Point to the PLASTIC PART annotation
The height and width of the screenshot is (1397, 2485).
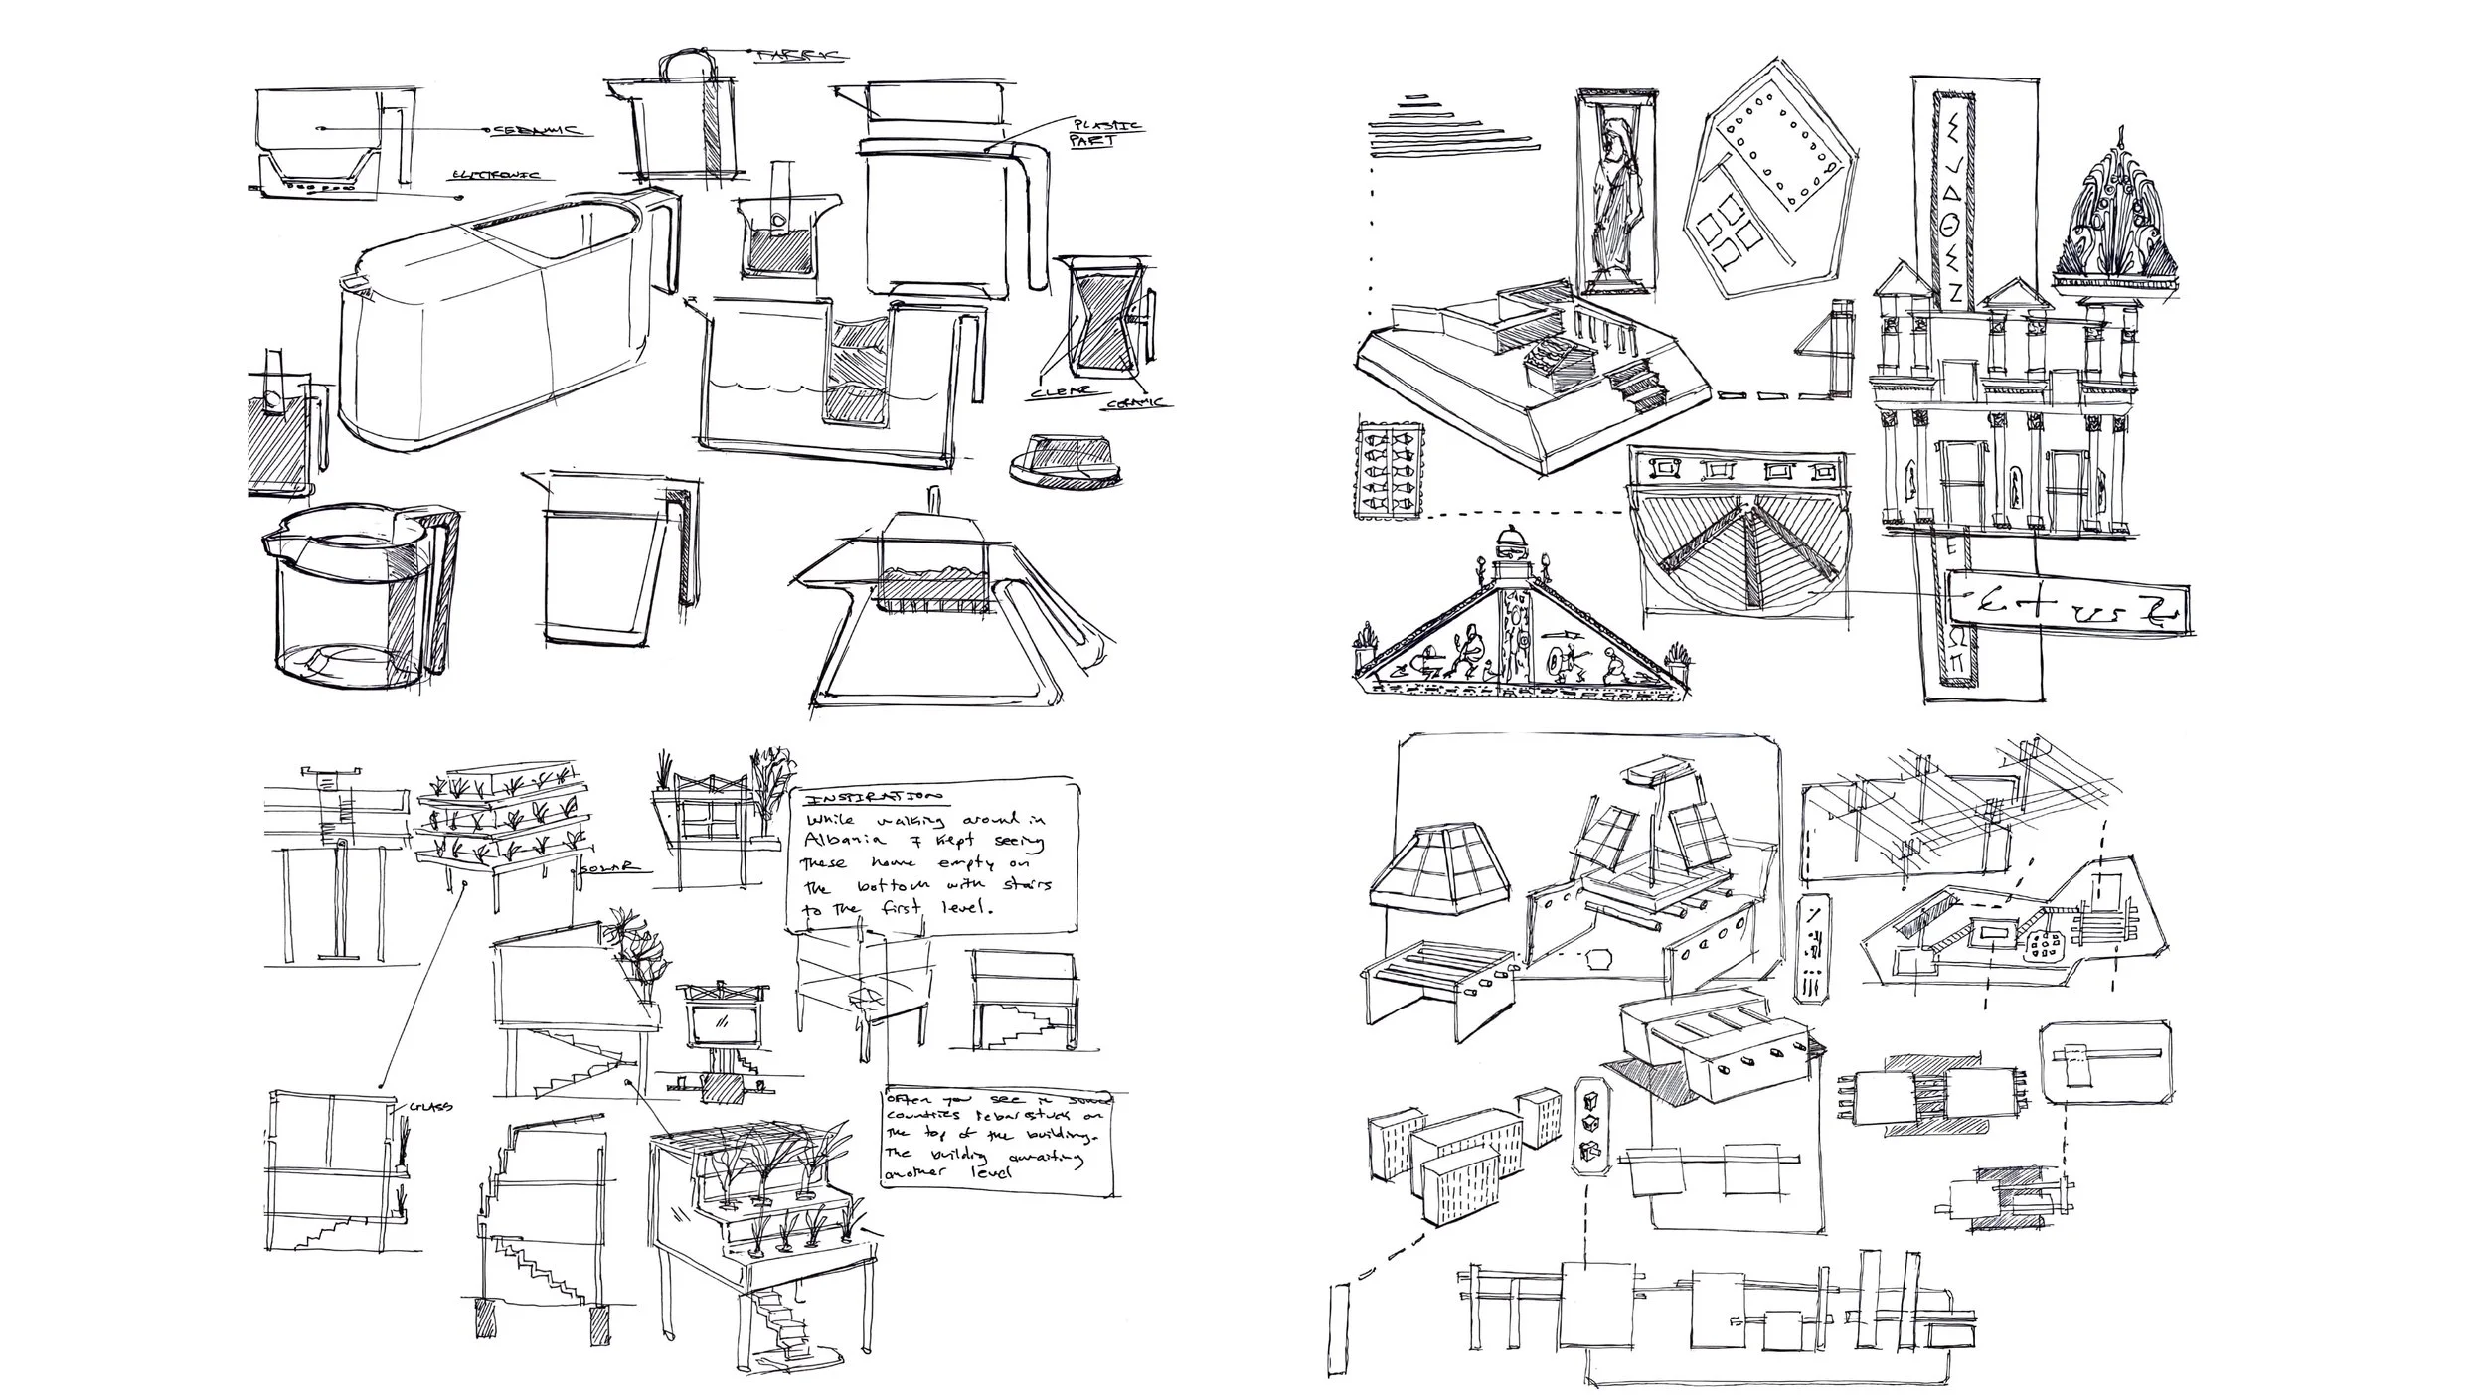tap(1105, 132)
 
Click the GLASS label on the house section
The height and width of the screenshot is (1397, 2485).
tap(429, 1107)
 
